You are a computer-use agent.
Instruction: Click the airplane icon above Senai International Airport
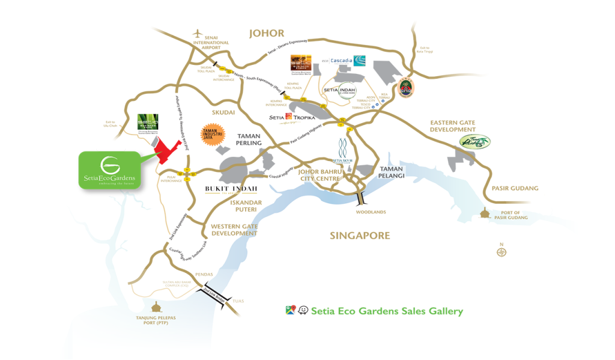point(199,34)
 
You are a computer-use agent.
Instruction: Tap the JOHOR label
point(266,34)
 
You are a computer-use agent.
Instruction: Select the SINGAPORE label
point(360,236)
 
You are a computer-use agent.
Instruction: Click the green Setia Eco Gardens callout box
point(109,169)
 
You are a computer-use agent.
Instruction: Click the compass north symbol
point(501,252)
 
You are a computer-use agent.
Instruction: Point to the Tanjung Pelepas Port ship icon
point(157,307)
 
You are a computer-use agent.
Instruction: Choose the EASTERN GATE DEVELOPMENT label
point(452,126)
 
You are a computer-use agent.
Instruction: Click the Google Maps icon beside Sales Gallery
point(291,311)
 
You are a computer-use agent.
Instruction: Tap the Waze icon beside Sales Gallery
point(303,311)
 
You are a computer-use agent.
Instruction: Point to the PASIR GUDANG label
point(515,188)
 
